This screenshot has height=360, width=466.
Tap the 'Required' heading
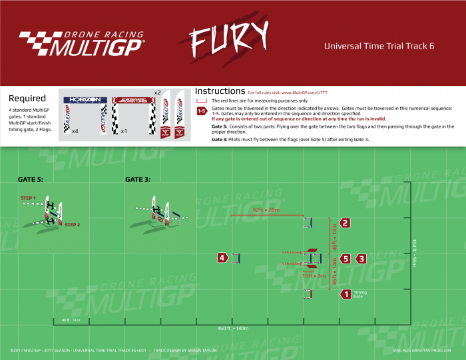point(27,98)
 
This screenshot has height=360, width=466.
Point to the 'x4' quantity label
point(75,131)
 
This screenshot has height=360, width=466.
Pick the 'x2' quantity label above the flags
point(158,92)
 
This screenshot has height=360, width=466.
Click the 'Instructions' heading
point(220,90)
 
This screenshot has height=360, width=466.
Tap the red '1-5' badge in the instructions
point(201,111)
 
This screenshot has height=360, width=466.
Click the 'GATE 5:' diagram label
point(31,180)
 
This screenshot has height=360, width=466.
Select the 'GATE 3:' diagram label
point(138,180)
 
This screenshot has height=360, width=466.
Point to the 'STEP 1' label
point(27,198)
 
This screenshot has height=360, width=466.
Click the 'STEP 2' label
point(73,225)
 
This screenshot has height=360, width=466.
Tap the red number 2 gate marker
point(345,223)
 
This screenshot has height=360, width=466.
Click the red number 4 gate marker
point(222,258)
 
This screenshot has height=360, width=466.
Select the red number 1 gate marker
point(345,293)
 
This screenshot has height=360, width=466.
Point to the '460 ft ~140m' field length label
point(232,328)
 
